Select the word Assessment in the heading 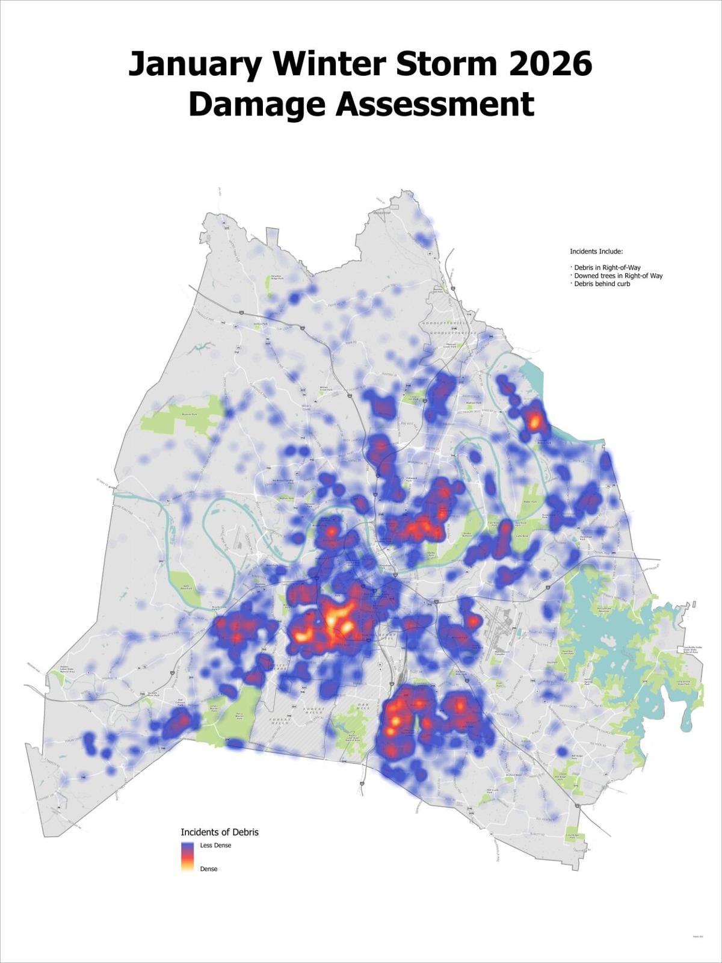tap(434, 104)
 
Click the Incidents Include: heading tap(596, 252)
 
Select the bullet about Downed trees tap(618, 276)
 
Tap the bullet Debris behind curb tap(602, 283)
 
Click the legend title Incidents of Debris tap(220, 832)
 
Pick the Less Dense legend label tap(215, 845)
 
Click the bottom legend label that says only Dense tap(209, 869)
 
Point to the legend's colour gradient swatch tap(188, 856)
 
